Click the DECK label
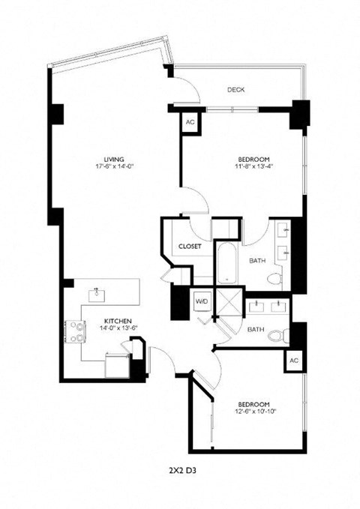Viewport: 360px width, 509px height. [236, 90]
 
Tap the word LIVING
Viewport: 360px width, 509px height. [114, 159]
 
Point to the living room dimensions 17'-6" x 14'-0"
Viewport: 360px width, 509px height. [114, 168]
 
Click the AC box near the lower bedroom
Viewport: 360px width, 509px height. [293, 361]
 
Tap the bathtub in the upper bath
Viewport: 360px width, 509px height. [226, 263]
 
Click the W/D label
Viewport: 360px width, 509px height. [202, 301]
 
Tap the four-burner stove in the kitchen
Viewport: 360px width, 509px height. [77, 332]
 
